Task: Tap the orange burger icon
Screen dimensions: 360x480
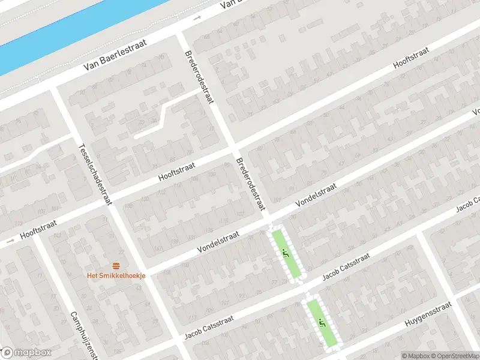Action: point(116,266)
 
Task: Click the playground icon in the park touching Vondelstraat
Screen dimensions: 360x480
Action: point(286,253)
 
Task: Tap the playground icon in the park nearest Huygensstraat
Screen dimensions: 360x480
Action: point(322,323)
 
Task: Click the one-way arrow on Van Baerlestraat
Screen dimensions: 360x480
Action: point(197,19)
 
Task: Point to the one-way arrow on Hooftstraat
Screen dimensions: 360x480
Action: point(9,243)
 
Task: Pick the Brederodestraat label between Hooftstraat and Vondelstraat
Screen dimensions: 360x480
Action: point(250,184)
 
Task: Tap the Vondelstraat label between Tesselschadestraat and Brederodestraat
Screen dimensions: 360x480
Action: point(220,242)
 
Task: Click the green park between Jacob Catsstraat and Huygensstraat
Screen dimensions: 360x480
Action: point(323,324)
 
